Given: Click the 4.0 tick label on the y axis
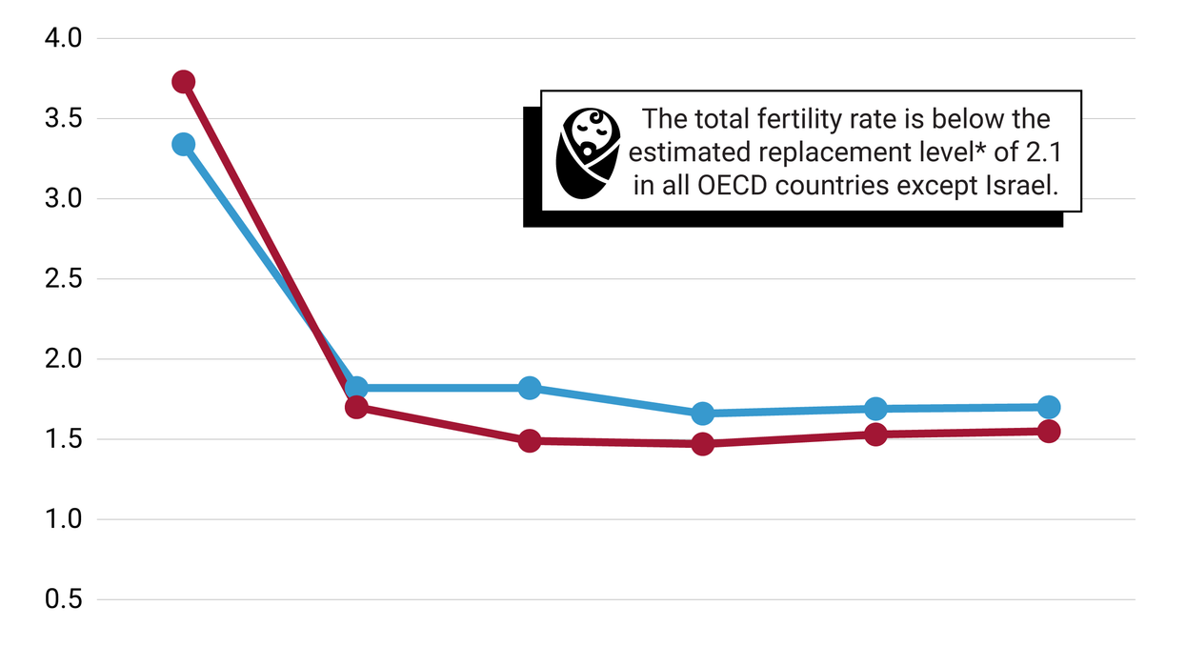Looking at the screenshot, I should click(64, 38).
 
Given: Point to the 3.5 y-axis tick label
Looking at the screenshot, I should click(64, 119).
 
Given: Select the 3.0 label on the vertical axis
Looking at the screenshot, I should click(64, 199).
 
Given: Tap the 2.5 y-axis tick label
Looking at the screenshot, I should click(64, 279).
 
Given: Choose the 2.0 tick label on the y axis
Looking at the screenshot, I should click(64, 359).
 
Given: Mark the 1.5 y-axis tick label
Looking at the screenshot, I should click(64, 440).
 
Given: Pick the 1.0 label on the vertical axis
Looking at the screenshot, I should click(64, 520).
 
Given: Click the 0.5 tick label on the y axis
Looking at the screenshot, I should click(64, 600).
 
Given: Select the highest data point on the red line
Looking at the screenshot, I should click(184, 82).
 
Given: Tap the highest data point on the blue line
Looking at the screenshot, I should click(184, 145).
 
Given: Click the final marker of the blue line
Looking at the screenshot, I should click(1049, 407).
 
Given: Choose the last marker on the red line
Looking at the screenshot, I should click(1049, 431).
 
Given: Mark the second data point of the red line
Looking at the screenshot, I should click(356, 408).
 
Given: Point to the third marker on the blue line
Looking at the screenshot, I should click(530, 388).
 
